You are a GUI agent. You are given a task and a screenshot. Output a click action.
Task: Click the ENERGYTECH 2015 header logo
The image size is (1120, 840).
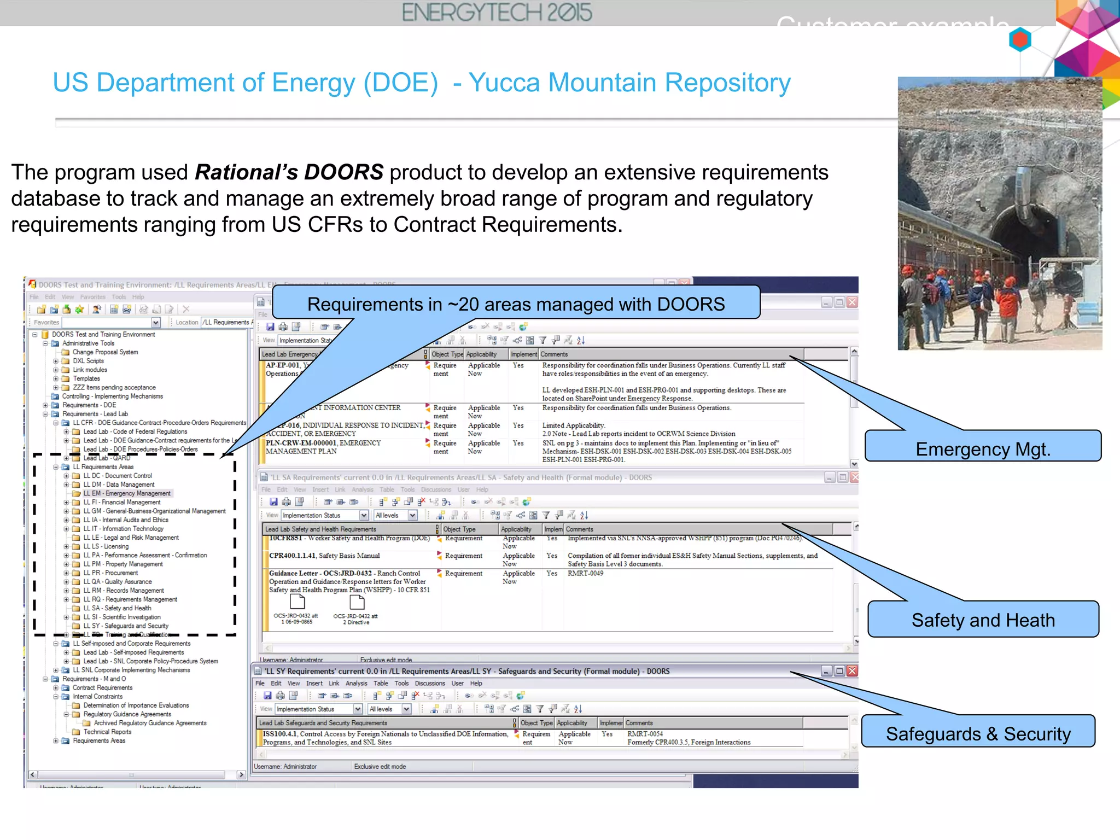(x=497, y=13)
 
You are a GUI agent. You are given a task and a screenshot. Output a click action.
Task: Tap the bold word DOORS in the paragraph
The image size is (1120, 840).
(x=343, y=172)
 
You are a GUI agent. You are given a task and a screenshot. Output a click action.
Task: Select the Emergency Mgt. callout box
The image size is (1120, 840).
(x=983, y=446)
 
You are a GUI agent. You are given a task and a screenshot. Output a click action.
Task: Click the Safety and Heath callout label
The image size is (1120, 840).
(x=983, y=620)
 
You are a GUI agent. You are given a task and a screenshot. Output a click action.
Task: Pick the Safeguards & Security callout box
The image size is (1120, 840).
(x=978, y=732)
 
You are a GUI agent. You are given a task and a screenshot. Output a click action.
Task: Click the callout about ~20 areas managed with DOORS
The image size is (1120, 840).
(x=516, y=304)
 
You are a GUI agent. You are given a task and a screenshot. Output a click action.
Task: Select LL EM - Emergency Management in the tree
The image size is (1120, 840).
(x=127, y=493)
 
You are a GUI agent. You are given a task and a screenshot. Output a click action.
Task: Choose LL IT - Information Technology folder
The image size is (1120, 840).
(x=123, y=529)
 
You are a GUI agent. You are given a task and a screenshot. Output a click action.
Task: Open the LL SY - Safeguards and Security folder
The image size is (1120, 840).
(x=125, y=626)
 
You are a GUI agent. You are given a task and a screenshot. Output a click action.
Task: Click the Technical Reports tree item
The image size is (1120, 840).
(x=107, y=732)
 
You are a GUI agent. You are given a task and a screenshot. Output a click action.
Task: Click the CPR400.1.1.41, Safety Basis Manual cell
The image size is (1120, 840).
(x=324, y=556)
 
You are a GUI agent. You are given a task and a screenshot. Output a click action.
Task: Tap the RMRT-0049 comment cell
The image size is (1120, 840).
(x=585, y=573)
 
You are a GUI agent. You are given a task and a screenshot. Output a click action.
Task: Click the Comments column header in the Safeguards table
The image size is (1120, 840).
(x=639, y=723)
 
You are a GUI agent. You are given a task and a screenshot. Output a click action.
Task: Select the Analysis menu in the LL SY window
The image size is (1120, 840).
(x=356, y=684)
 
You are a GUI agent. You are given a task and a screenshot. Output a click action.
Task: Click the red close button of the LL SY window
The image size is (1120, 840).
(x=852, y=671)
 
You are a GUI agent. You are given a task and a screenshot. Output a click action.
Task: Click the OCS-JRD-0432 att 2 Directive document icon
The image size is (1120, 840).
(x=357, y=602)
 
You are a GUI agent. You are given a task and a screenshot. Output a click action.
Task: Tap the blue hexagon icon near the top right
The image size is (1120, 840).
(x=1020, y=40)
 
